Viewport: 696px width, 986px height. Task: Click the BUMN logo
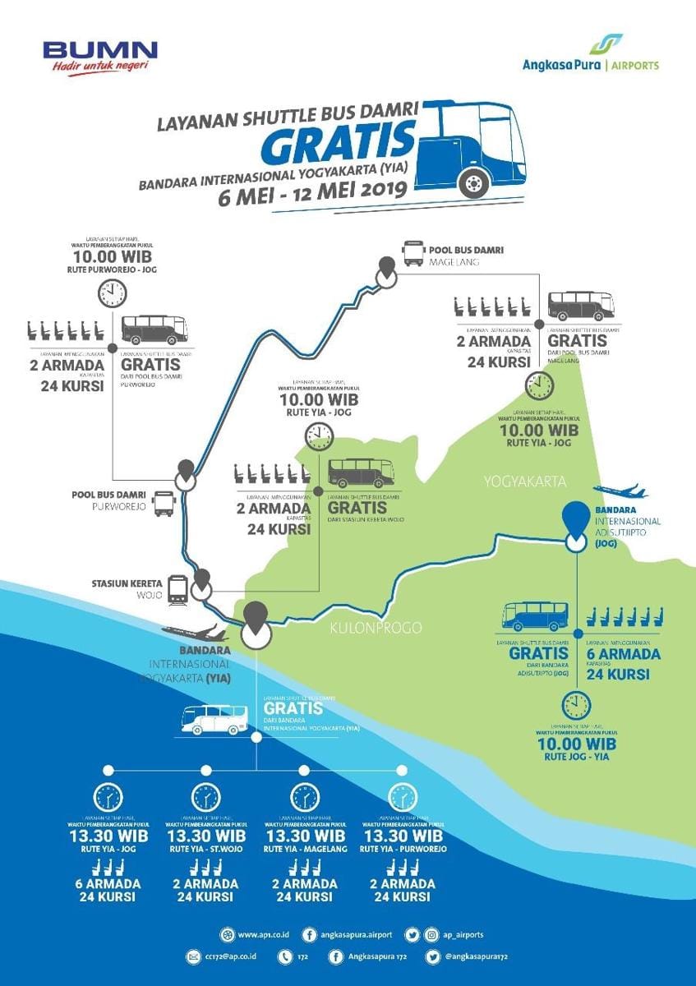(99, 57)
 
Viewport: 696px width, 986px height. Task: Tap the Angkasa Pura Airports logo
(591, 55)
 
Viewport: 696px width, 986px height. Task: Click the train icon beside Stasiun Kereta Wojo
(177, 589)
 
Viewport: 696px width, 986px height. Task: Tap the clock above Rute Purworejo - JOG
(112, 293)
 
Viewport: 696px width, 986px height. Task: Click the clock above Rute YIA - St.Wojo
(205, 797)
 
